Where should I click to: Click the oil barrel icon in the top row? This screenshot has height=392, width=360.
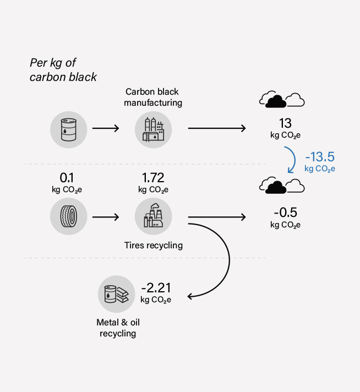68,129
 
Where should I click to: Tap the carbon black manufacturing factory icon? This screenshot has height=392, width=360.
154,129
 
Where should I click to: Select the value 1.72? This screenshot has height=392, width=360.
154,178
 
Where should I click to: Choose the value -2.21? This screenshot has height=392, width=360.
156,288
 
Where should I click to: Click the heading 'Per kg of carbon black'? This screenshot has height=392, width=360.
63,70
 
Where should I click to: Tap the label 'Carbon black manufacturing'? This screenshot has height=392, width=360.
152,97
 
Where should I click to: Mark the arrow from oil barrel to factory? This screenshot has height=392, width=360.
106,129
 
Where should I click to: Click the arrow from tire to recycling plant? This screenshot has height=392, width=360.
106,217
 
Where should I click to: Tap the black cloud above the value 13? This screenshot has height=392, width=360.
274,100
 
